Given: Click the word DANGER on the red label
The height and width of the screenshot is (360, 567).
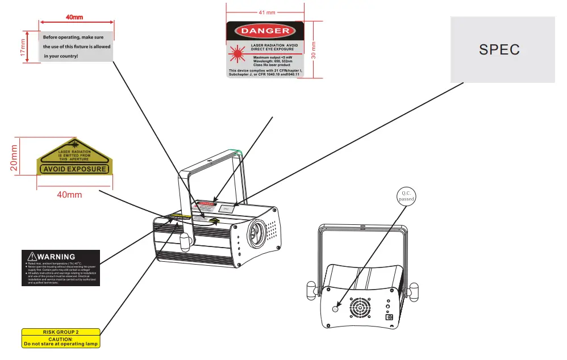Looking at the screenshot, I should (265, 31).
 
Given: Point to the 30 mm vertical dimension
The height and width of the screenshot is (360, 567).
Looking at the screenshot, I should (313, 50).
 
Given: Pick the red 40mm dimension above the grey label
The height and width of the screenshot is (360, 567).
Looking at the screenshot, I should (75, 17).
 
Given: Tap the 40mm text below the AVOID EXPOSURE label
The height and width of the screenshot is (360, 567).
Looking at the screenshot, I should (69, 195).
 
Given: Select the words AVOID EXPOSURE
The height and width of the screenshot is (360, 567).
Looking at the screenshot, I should (74, 169).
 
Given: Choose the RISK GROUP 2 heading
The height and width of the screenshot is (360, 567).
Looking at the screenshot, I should (61, 332).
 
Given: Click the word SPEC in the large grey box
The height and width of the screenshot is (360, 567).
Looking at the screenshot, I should (499, 49).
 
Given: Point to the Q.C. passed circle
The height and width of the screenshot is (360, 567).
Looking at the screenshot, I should (406, 196).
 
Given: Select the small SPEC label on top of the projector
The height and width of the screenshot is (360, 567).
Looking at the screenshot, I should (226, 208).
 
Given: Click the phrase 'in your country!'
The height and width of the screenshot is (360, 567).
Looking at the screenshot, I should (61, 56).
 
